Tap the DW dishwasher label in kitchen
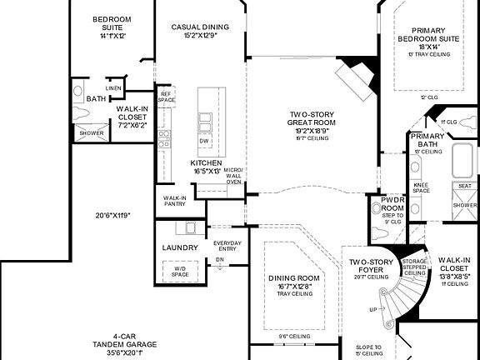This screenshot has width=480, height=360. pyautogui.click(x=203, y=141)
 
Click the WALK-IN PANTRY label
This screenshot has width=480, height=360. pyautogui.click(x=173, y=200)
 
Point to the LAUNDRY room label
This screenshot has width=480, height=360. pyautogui.click(x=180, y=247)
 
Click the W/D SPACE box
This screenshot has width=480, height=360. pyautogui.click(x=180, y=271)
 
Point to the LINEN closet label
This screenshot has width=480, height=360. pyautogui.click(x=113, y=88)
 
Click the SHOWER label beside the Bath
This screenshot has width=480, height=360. pyautogui.click(x=91, y=132)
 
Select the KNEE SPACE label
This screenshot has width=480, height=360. pyautogui.click(x=421, y=187)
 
